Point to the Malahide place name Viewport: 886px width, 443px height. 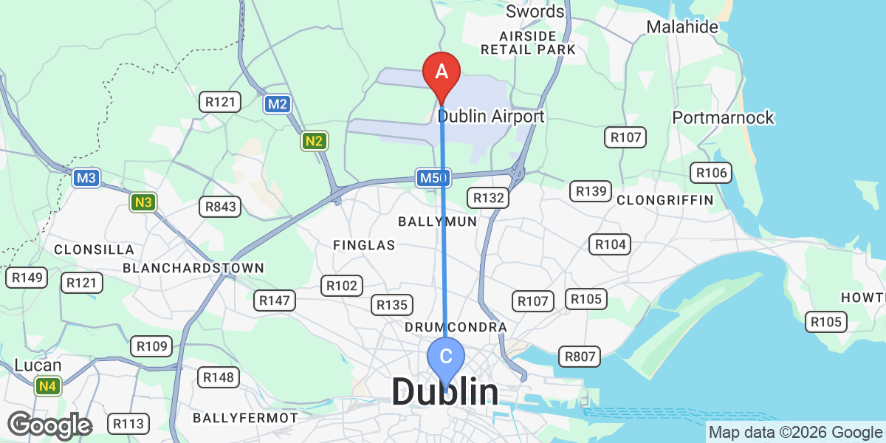click(x=682, y=27)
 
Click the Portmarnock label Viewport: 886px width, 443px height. click(x=723, y=117)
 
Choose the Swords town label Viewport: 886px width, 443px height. click(x=535, y=12)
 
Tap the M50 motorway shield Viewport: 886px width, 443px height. click(x=433, y=178)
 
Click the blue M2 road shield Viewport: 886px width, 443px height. click(x=277, y=104)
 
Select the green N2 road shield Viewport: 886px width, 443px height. click(x=314, y=140)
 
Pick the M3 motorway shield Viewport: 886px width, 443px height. click(x=86, y=178)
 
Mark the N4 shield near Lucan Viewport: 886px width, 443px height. click(x=47, y=385)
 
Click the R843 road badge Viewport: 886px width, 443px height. click(x=221, y=207)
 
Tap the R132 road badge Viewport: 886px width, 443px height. click(x=488, y=197)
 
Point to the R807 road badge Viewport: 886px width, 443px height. click(x=579, y=357)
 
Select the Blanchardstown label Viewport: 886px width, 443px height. click(x=193, y=267)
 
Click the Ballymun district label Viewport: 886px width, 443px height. click(x=437, y=221)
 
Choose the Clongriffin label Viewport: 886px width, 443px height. click(x=664, y=200)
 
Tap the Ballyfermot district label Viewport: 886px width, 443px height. click(x=245, y=418)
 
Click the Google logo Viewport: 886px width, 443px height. click(x=49, y=426)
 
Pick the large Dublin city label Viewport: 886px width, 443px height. click(x=444, y=392)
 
